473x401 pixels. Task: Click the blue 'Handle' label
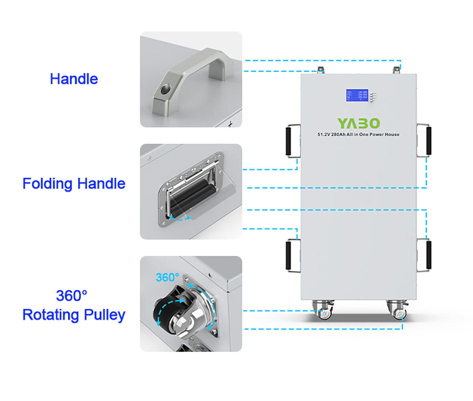[x=74, y=79]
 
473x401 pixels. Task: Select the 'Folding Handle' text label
[x=74, y=184]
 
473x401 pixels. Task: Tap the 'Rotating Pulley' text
[x=74, y=315]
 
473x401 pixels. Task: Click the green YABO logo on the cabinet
[x=358, y=123]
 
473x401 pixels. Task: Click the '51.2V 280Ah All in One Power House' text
[x=358, y=134]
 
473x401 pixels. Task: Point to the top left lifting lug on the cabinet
[x=321, y=70]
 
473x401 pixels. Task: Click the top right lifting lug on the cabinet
[x=396, y=70]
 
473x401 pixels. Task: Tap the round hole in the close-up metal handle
[x=163, y=90]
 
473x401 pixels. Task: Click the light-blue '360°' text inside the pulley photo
[x=167, y=277]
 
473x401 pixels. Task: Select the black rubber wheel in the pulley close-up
[x=162, y=314]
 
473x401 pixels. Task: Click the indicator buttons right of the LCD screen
[x=373, y=96]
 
